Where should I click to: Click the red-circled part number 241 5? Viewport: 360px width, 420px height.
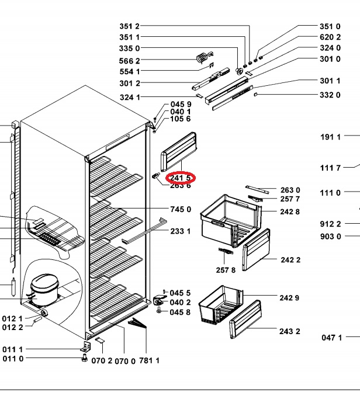(180, 178)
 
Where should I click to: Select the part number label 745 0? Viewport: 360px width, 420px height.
(181, 209)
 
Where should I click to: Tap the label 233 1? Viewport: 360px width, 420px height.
(181, 231)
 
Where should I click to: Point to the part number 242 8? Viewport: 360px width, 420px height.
(290, 211)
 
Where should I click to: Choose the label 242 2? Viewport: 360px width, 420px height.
(290, 260)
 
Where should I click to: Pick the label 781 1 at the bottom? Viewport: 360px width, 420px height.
(150, 361)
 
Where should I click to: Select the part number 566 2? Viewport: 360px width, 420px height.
(129, 61)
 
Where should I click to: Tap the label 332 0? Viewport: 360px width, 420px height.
(330, 95)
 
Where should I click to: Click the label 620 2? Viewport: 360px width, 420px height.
(330, 37)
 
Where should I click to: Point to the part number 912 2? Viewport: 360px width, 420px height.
(330, 224)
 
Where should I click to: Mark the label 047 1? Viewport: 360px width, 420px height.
(331, 337)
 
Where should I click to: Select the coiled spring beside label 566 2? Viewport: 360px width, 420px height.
(202, 57)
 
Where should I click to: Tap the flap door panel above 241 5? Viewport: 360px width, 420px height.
(178, 148)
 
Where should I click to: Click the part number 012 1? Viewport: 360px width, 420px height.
(12, 318)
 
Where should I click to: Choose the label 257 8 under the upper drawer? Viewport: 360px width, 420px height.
(226, 269)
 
